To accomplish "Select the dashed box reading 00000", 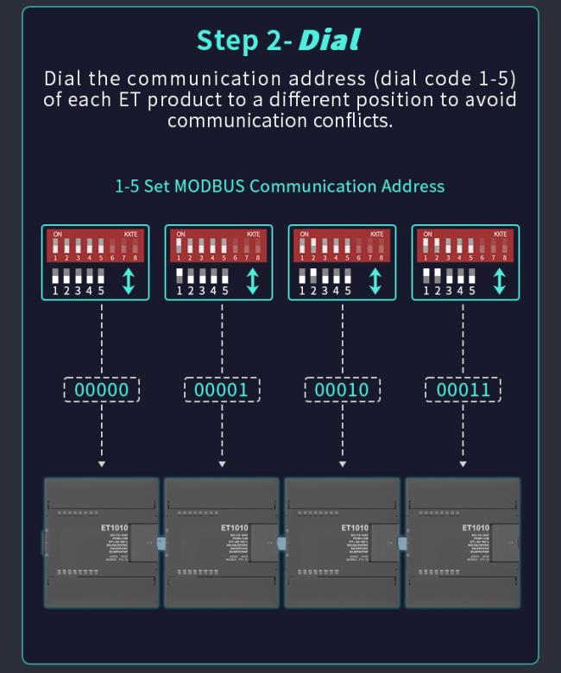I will coord(101,390).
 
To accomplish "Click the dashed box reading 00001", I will coord(222,390).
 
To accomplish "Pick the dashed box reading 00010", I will coord(342,390).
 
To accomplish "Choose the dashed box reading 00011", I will coord(463,390).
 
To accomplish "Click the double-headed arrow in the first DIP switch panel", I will coord(129,281).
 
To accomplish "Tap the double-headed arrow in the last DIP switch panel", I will coord(499,281).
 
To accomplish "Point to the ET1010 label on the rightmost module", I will coord(475,527).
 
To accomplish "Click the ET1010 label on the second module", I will coord(234,527).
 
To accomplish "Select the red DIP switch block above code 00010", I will coord(342,245).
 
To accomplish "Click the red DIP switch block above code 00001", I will coord(218,245).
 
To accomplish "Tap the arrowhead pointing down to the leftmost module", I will coord(102,464).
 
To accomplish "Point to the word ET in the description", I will coord(125,99).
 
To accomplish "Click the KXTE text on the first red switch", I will coord(130,234).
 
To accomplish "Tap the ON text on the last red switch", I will coord(427,234).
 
